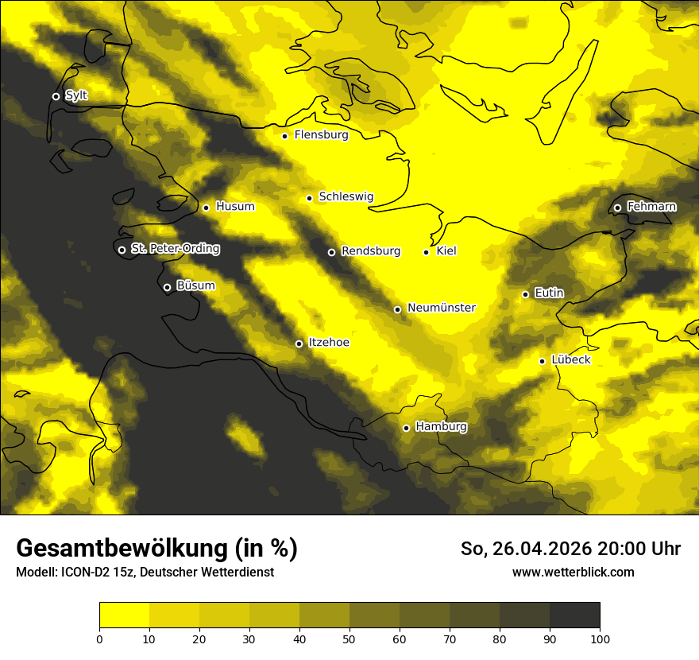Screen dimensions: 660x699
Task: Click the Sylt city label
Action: click(x=76, y=95)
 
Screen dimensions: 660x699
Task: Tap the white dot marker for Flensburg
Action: click(x=284, y=136)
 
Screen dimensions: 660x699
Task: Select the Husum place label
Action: click(x=235, y=207)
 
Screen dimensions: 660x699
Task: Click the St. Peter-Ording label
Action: click(x=175, y=249)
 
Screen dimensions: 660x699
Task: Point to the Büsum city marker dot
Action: click(x=167, y=288)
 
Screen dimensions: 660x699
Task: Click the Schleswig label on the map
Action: click(x=346, y=196)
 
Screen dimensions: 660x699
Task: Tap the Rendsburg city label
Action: click(x=370, y=251)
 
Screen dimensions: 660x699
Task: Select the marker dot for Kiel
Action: click(x=427, y=252)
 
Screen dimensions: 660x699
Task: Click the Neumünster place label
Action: click(x=442, y=308)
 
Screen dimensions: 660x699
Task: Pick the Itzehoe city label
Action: click(x=328, y=343)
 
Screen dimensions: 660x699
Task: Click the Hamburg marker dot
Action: click(x=406, y=428)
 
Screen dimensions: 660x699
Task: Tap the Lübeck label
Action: click(x=570, y=360)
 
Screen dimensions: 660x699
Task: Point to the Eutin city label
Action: click(x=549, y=293)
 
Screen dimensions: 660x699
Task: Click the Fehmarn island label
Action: click(x=651, y=207)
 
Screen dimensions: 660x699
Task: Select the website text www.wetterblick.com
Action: click(x=573, y=572)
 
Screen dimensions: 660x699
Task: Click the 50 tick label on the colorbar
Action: click(x=349, y=639)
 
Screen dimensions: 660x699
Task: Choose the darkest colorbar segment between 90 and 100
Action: click(x=574, y=615)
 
